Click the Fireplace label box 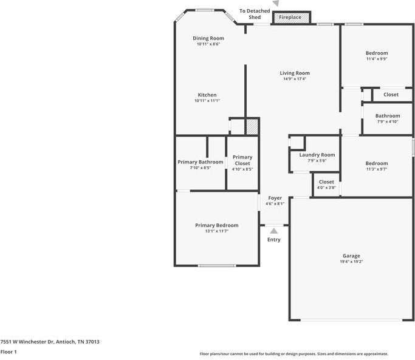(290, 18)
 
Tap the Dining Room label (208, 38)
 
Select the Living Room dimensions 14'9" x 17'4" (295, 79)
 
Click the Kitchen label (207, 95)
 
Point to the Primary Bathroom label (201, 162)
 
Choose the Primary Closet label (242, 160)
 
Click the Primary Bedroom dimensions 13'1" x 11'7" (217, 231)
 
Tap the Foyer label (275, 198)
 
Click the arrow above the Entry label (274, 231)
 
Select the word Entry (274, 239)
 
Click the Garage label (351, 256)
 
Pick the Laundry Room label (317, 155)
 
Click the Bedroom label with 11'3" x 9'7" (377, 163)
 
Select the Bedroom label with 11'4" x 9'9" (377, 53)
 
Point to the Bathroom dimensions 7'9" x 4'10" (388, 122)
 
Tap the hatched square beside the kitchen (252, 127)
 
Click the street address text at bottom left (50, 341)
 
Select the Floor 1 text (9, 352)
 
